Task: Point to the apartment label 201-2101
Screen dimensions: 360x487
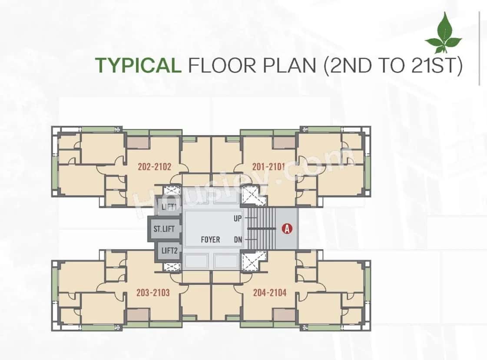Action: (268, 166)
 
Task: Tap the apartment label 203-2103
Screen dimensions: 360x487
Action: (153, 293)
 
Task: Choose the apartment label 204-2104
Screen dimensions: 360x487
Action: (270, 293)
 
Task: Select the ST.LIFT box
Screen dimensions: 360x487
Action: (163, 228)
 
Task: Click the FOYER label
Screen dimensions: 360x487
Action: (210, 239)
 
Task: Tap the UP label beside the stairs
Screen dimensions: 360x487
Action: (238, 218)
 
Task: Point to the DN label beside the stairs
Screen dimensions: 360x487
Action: (238, 239)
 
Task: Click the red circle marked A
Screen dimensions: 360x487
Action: (287, 228)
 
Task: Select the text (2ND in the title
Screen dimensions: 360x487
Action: (345, 66)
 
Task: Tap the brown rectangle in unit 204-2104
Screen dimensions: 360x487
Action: (284, 314)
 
